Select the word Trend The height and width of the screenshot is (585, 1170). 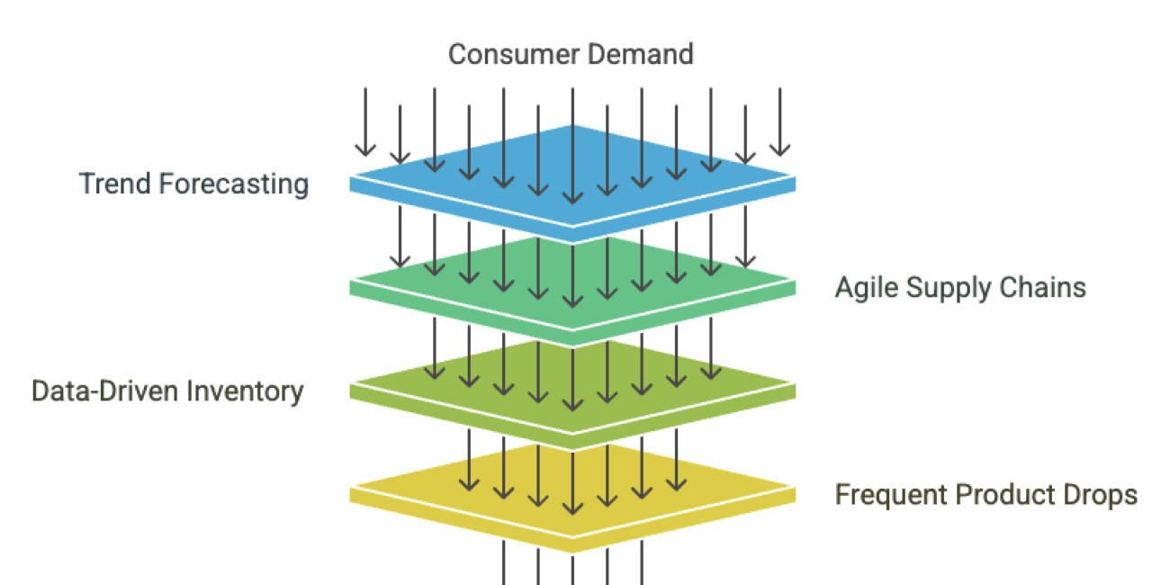(115, 184)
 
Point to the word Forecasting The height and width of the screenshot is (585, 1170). (234, 184)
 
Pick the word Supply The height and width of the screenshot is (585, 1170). (945, 288)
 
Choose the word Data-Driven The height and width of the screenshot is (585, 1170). (106, 391)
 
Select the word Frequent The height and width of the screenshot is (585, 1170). (891, 495)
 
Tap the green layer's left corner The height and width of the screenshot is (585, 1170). (351, 281)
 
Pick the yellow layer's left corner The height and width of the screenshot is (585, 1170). (351, 489)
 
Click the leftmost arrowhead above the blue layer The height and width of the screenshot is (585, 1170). (364, 148)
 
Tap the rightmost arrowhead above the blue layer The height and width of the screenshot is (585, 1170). (779, 148)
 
